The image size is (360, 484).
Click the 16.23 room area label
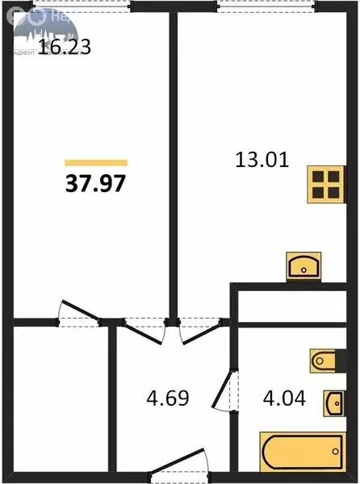click(x=65, y=47)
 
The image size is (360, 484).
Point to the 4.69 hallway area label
click(x=168, y=398)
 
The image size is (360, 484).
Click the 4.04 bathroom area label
click(x=285, y=398)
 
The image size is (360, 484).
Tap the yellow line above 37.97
click(x=95, y=163)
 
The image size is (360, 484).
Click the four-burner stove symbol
click(x=326, y=186)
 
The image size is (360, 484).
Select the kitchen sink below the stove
click(x=305, y=265)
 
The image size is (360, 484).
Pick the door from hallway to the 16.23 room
click(x=143, y=329)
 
